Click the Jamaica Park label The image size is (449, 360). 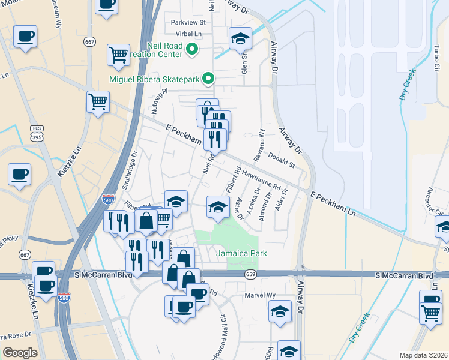click(241, 254)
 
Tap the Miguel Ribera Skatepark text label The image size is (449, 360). click(154, 79)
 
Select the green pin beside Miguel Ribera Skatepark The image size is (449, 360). click(208, 78)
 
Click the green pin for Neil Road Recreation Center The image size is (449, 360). click(192, 49)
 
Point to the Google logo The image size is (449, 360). click(20, 353)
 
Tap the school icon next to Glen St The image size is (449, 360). click(240, 38)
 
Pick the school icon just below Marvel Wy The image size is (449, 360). click(280, 312)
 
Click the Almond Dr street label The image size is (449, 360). click(262, 205)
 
